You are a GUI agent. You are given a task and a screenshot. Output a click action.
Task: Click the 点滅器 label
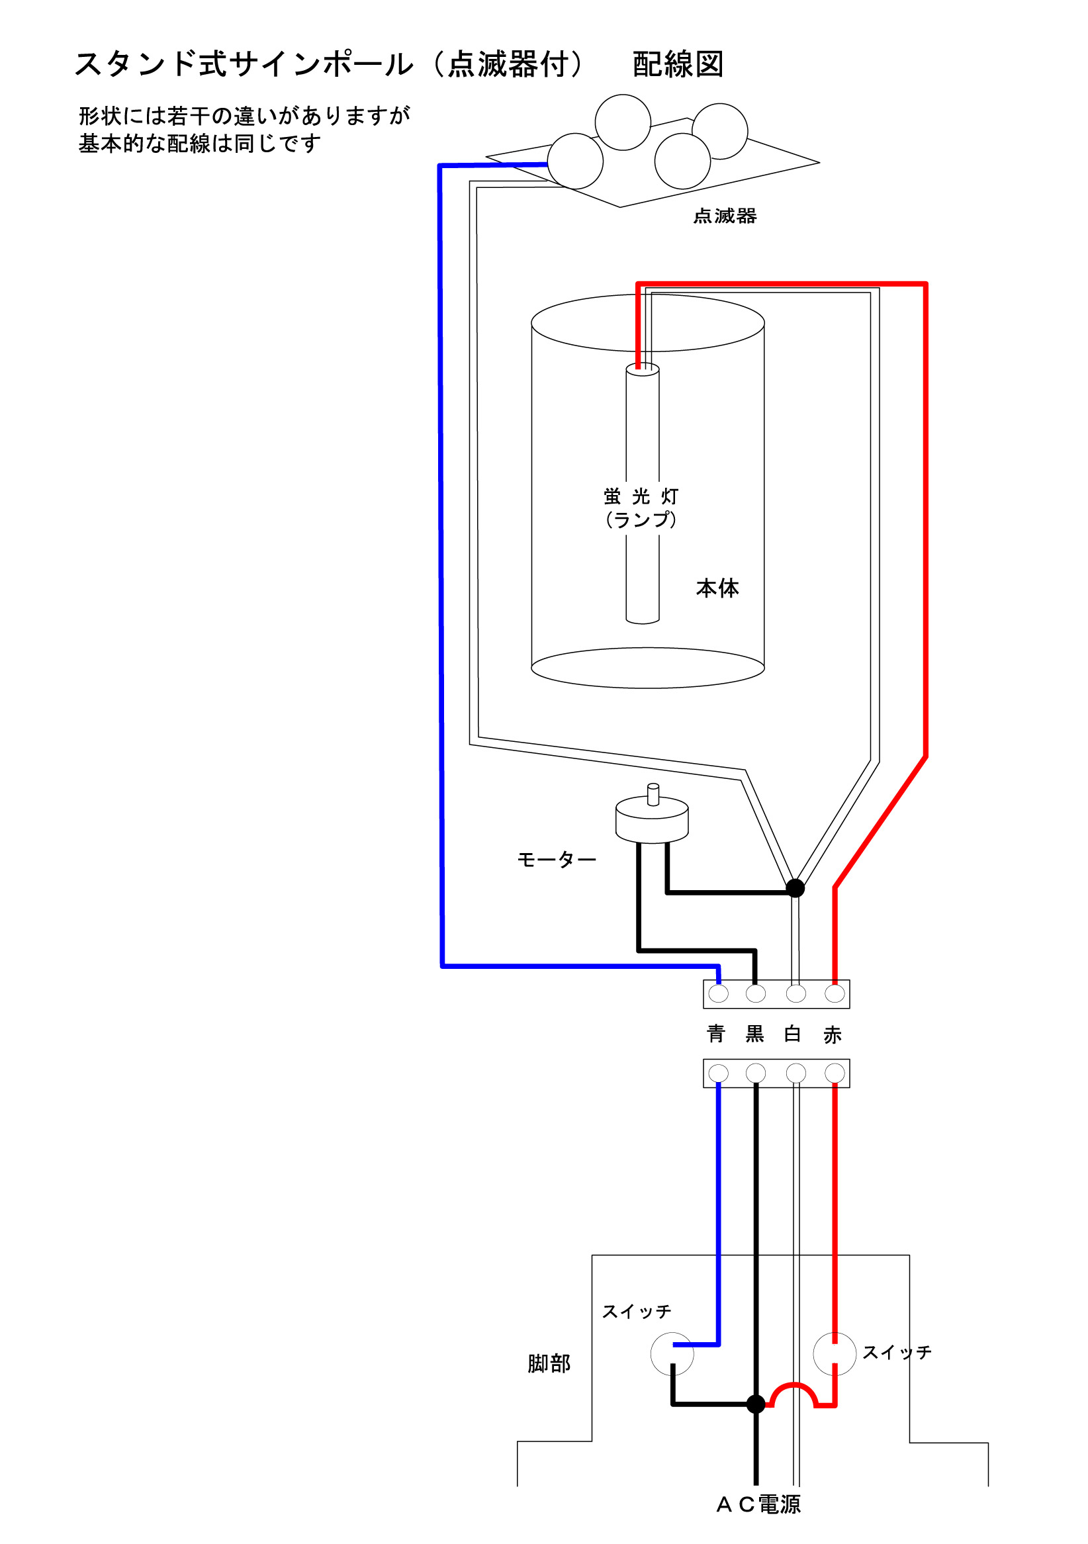coord(724,216)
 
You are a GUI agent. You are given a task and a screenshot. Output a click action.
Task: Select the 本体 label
coord(717,588)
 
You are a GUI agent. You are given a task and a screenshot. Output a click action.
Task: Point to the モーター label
coord(556,860)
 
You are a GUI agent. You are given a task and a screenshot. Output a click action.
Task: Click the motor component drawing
coord(652,818)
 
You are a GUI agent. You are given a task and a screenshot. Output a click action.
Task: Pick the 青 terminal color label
coord(716,1034)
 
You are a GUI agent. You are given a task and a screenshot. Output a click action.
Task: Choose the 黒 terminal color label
coord(754,1034)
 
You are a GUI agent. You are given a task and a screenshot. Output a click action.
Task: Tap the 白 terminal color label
coord(793,1034)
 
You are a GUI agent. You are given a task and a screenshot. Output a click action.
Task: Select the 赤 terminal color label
coord(833,1034)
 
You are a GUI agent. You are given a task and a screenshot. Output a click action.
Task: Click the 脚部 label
coord(549,1363)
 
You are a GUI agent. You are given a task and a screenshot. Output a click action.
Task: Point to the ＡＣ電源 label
coord(758,1504)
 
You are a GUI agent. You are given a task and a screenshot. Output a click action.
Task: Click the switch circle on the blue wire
coord(672,1353)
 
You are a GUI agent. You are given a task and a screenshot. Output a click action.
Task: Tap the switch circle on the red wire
coord(834,1353)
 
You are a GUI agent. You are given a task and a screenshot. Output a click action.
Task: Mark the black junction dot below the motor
coord(795,888)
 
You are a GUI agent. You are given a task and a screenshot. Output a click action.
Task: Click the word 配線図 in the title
coord(678,65)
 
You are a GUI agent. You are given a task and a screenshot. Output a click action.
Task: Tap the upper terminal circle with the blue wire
coord(718,993)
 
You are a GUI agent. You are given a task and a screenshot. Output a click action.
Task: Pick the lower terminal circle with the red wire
coord(835,1073)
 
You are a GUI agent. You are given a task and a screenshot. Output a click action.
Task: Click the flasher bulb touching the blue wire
coord(575,161)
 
